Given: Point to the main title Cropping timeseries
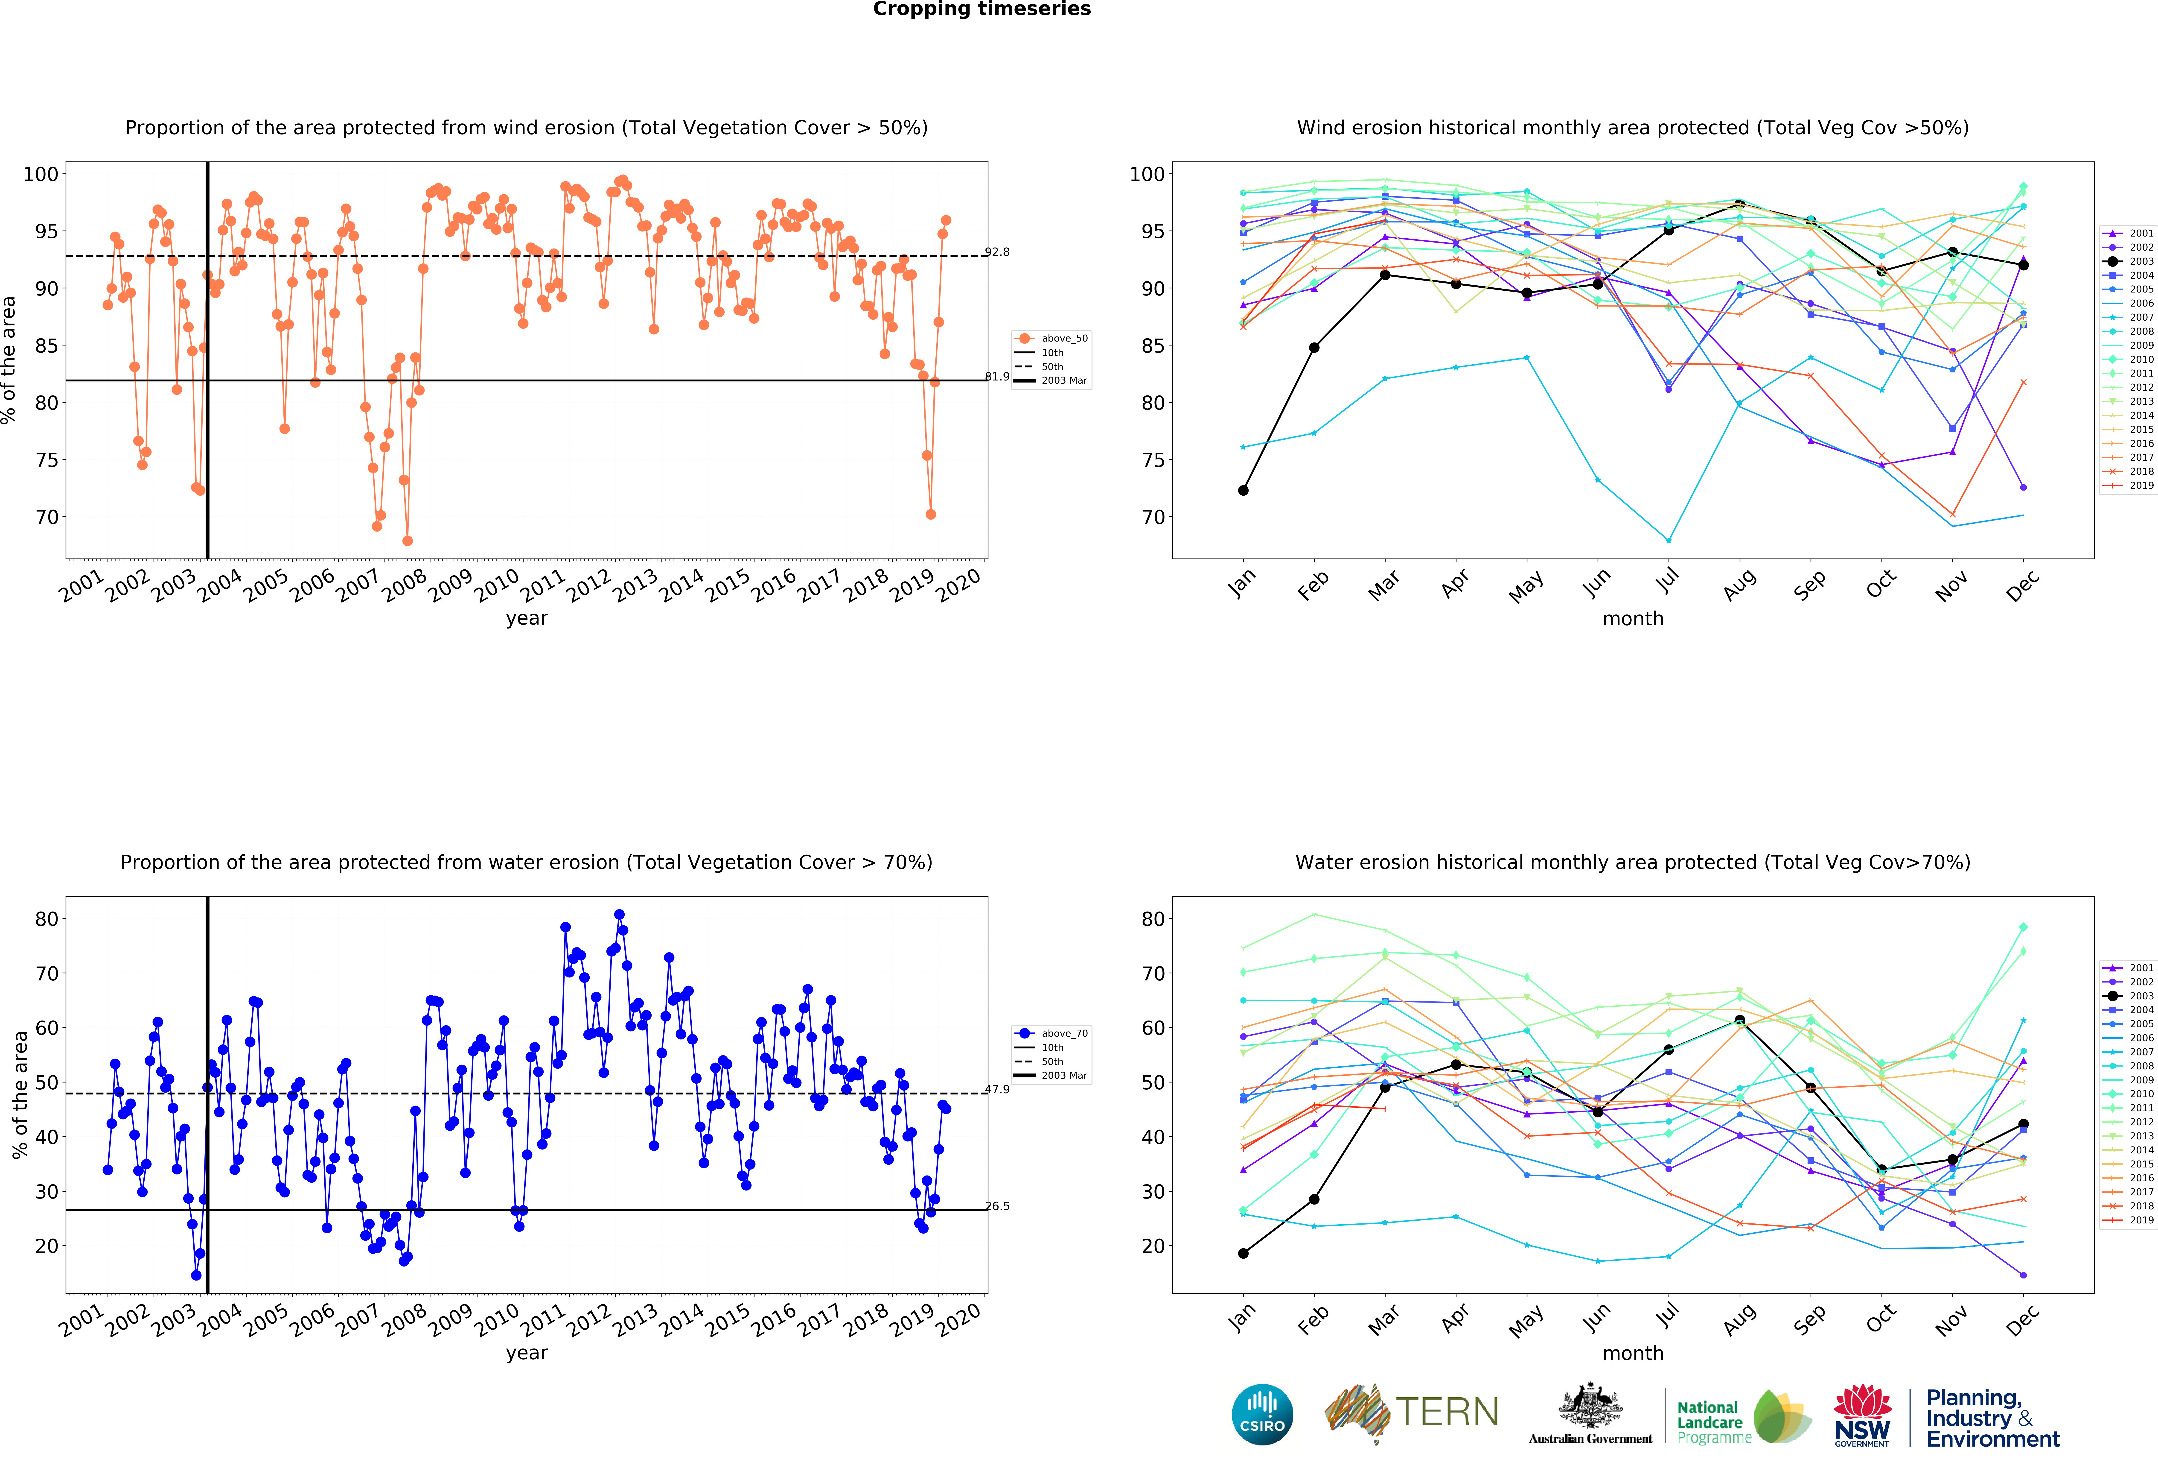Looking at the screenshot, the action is [x=981, y=9].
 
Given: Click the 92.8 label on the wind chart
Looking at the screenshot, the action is [x=997, y=252].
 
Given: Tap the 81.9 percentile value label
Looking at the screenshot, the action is [x=997, y=376].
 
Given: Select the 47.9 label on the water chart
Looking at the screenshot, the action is [x=997, y=1089].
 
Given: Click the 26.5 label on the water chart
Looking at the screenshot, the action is [x=997, y=1206].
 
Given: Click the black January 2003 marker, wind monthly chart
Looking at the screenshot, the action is [x=1243, y=490].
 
